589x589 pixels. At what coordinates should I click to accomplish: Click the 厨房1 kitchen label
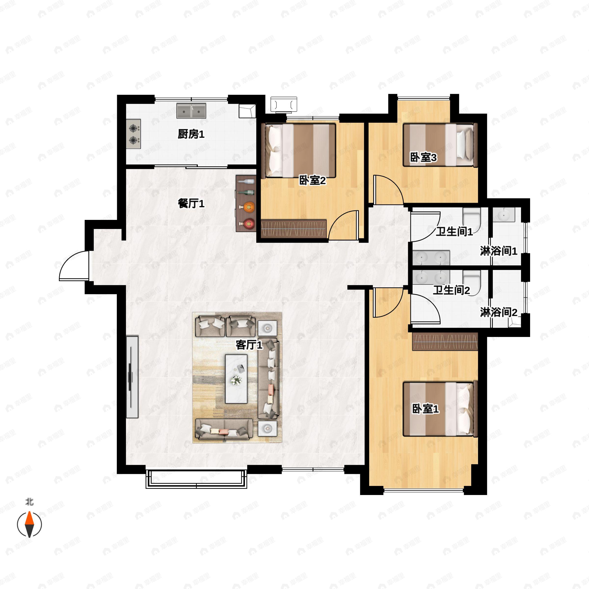click(191, 134)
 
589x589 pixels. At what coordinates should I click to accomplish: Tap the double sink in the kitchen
click(191, 111)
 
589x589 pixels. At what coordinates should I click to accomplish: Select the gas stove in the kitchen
click(134, 134)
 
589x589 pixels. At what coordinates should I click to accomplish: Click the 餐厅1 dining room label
click(191, 203)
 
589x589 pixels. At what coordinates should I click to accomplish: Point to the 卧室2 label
click(312, 180)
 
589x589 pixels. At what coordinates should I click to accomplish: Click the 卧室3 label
click(423, 158)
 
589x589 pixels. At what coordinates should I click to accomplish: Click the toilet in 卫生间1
click(471, 218)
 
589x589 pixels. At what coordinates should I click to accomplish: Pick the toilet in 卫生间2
click(471, 281)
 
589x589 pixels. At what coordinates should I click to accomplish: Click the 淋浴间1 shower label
click(498, 251)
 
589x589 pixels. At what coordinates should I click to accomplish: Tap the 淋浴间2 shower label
click(498, 312)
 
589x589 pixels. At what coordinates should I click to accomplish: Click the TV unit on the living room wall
click(132, 377)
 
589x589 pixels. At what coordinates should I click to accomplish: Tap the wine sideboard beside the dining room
click(246, 203)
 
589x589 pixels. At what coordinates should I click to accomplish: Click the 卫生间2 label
click(451, 290)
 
